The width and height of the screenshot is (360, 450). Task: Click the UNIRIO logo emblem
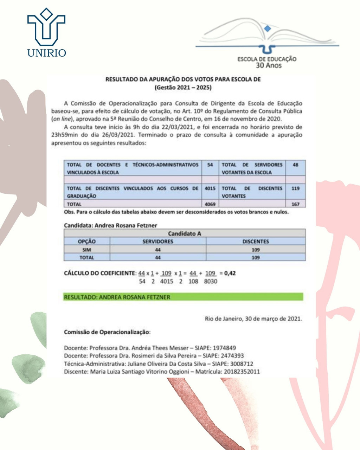coord(46,27)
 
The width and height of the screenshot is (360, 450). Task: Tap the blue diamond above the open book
coord(268,28)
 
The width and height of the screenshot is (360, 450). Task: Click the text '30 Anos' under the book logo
coord(269,65)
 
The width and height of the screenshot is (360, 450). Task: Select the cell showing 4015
coord(210,188)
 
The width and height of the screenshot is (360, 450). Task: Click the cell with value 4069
coord(210,204)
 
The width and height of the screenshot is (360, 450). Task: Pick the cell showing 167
coord(295,204)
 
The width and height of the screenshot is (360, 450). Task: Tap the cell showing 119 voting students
coord(295,188)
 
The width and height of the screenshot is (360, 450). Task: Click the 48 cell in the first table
coord(295,165)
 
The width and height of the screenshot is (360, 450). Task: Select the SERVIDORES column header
coord(158,242)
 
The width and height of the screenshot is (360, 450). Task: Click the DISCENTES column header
coord(256,242)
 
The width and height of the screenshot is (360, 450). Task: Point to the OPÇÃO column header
coord(87,242)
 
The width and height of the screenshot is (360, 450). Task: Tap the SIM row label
coord(87,250)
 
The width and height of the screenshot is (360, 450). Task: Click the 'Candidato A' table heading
coord(185,233)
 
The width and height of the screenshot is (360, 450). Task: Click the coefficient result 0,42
coord(230,273)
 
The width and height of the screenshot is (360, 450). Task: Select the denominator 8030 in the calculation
coord(211,281)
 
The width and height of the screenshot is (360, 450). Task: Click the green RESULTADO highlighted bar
coord(183,297)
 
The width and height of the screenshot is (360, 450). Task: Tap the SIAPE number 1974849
coord(224,348)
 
